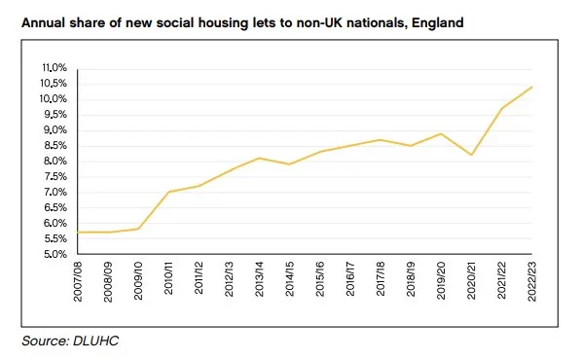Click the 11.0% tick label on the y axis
(54, 68)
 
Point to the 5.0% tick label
(54, 255)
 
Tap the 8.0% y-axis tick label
(54, 162)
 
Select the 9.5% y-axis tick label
(54, 115)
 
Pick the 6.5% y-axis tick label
(54, 208)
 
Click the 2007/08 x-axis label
(77, 282)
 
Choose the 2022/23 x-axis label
(531, 282)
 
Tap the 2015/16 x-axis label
(319, 282)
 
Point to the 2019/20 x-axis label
(441, 282)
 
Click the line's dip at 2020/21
(471, 155)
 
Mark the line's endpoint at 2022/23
(531, 88)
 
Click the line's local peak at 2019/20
(441, 133)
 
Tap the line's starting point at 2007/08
(77, 232)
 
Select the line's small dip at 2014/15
(289, 164)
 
